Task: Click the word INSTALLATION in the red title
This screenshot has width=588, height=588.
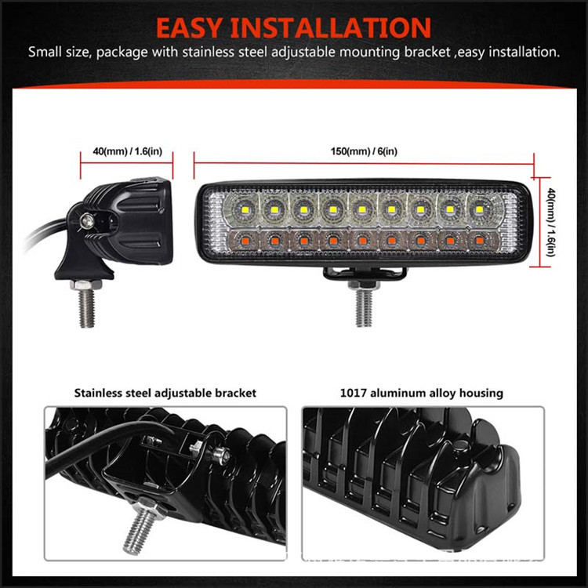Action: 331,28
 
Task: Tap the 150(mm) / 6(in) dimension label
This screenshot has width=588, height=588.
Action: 364,151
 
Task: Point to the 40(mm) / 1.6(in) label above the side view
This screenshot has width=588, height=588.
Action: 128,151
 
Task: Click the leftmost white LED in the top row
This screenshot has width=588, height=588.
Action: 244,208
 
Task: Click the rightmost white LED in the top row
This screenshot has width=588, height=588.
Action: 478,209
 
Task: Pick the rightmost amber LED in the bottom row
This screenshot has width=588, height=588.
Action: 479,240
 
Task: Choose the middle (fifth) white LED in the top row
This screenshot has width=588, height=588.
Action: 361,209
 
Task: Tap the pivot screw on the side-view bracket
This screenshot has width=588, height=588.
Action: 87,220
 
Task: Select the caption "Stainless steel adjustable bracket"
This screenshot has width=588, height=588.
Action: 165,393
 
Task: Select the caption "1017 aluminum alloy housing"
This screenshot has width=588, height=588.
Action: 421,393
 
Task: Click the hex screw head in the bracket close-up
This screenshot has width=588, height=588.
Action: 221,455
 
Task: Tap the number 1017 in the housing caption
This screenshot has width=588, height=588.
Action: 353,393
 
